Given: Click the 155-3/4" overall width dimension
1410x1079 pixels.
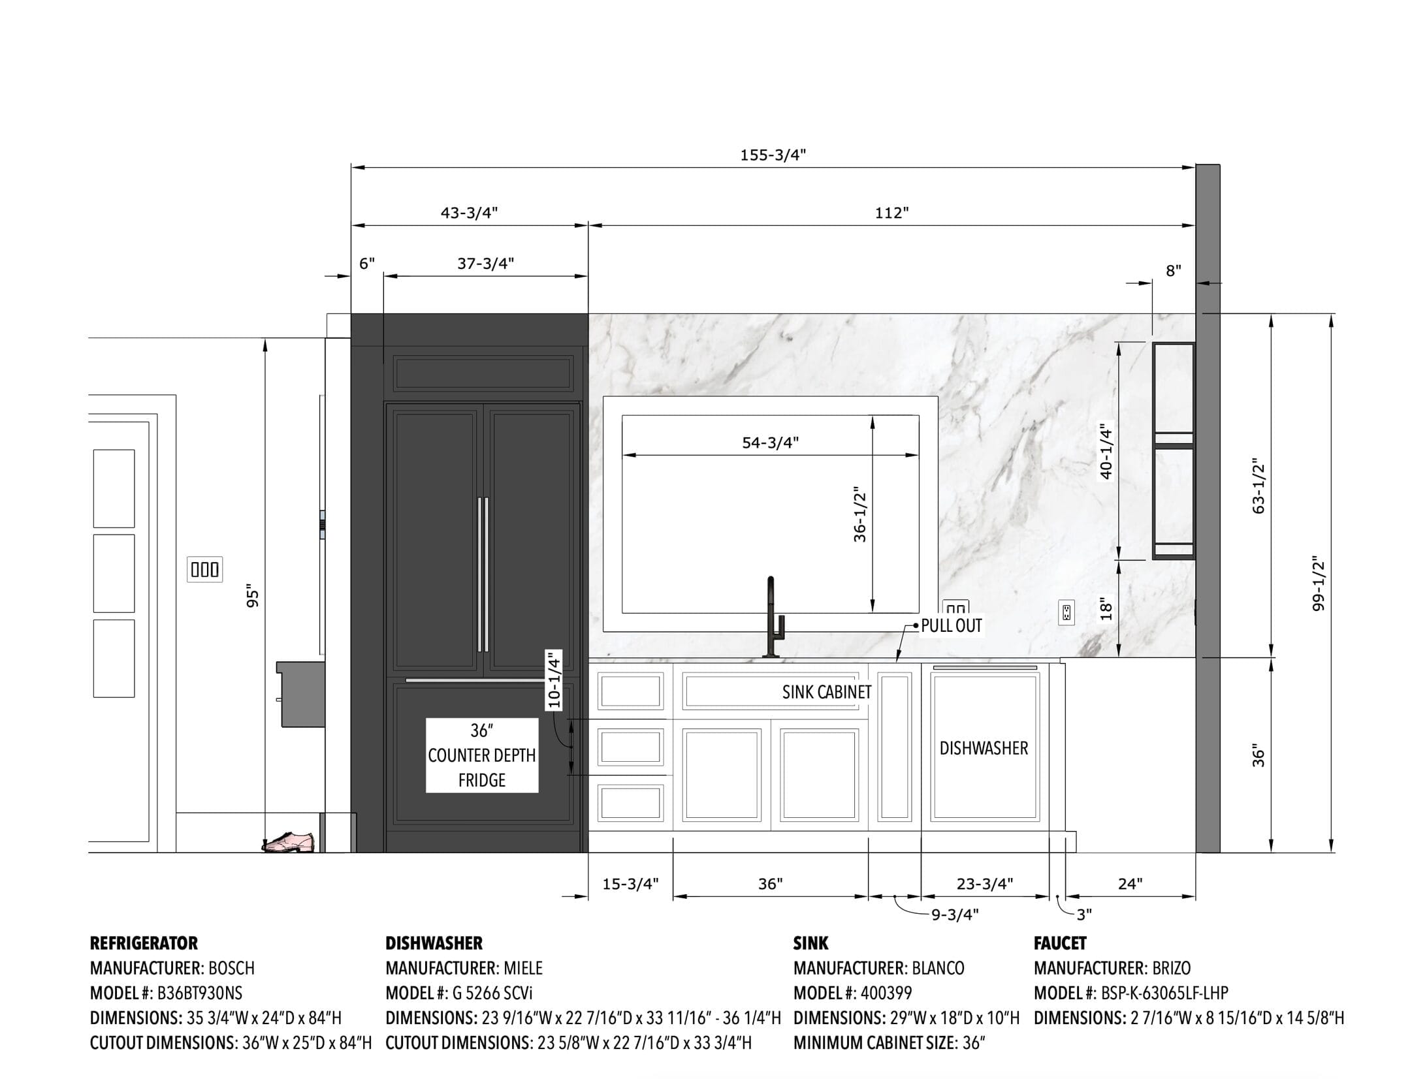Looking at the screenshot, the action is tap(773, 155).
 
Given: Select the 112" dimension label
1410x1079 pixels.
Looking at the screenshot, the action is tap(892, 213).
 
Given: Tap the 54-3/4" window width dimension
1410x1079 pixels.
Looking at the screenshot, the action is tap(771, 443).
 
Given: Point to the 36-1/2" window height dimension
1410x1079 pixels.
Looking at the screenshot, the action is tap(859, 514).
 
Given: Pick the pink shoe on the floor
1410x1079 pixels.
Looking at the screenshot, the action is tap(288, 842).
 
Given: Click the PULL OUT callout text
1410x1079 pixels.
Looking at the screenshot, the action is tap(951, 625).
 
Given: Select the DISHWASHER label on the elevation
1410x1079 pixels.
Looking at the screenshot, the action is tap(984, 748).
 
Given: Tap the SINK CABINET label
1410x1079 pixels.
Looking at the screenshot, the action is tap(827, 692).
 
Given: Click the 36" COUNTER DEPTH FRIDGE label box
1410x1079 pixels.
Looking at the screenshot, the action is tap(482, 755).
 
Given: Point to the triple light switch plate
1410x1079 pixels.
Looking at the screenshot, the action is tap(204, 569).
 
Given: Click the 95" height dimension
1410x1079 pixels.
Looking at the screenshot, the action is tap(253, 599).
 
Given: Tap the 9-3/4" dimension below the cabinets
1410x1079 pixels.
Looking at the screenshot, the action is tap(955, 915).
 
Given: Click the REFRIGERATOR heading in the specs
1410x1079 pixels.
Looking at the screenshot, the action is tap(144, 943).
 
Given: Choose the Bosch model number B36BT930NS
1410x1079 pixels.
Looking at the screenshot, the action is tap(200, 993).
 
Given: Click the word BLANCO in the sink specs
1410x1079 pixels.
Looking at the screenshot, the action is tap(938, 968).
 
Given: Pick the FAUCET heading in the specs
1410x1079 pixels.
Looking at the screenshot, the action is tap(1060, 943).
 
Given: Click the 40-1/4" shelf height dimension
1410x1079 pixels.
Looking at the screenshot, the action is tap(1106, 451).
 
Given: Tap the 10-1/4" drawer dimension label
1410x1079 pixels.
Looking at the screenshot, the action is tap(554, 680).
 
